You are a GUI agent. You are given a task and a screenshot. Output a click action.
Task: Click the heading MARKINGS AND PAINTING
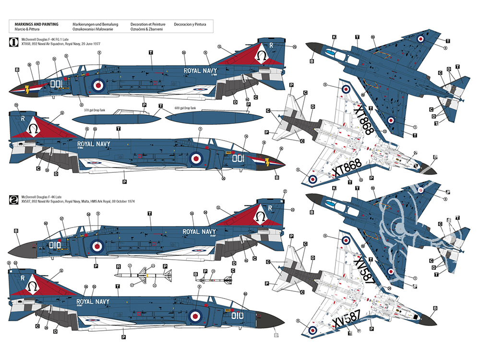36,24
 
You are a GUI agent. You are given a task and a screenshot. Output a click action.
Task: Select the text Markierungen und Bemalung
92,24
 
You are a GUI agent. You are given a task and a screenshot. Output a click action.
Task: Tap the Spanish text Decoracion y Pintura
190,24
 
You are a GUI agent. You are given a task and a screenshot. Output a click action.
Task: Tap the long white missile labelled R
144,276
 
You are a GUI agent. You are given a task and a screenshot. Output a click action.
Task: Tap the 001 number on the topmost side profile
57,84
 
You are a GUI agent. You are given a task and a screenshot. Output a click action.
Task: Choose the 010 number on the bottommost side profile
237,315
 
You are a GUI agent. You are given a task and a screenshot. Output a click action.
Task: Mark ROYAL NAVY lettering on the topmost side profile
201,71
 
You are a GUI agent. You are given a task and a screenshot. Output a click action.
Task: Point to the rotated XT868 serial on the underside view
364,120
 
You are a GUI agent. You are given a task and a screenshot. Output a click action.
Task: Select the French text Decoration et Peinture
148,24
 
